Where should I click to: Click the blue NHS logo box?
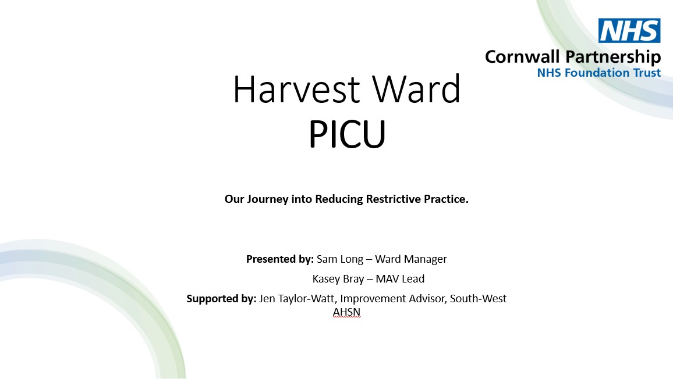tap(629, 30)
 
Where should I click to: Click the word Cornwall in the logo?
tap(522, 56)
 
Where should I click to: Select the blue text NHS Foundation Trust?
tap(598, 73)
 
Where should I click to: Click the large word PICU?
tap(347, 134)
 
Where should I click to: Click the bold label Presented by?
tap(280, 259)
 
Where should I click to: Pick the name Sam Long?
tap(340, 259)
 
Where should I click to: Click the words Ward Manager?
tap(411, 259)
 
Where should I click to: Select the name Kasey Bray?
tap(338, 279)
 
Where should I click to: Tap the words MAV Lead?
tap(400, 278)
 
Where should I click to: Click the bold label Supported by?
tap(221, 299)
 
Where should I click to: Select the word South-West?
tap(478, 298)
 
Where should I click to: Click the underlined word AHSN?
tap(347, 312)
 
